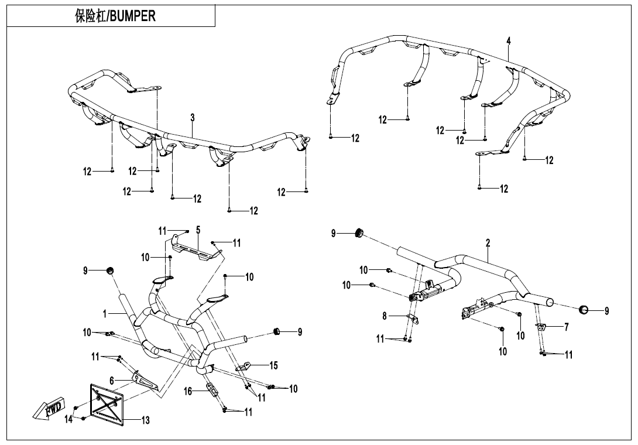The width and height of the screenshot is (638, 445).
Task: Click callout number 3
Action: [192, 118]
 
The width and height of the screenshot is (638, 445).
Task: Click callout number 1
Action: [105, 313]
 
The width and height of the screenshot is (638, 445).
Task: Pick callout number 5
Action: [198, 230]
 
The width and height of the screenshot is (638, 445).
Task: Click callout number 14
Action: [69, 419]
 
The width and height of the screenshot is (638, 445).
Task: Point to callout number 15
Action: [273, 366]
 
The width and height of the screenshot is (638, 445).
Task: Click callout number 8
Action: [385, 316]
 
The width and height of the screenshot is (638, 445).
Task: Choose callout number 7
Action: [566, 327]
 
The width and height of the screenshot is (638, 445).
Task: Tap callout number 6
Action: [111, 381]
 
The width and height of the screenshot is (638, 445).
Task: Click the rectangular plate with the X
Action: [107, 403]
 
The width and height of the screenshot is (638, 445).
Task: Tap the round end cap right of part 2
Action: [583, 310]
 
